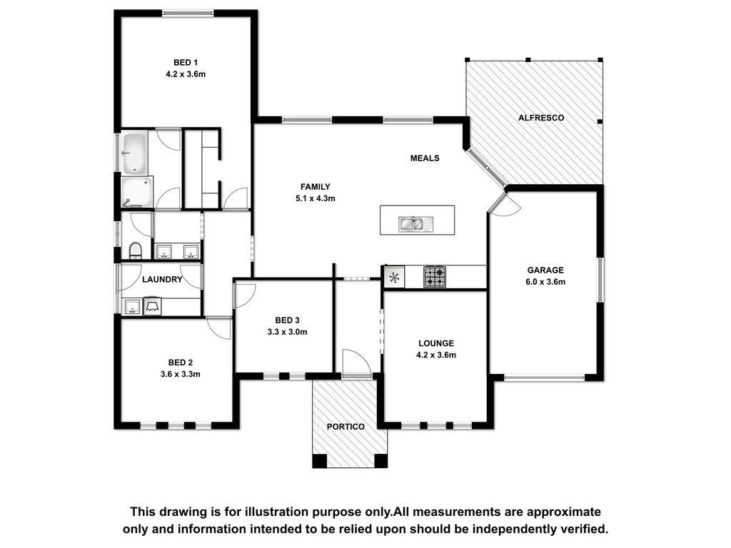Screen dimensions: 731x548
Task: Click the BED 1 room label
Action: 186,63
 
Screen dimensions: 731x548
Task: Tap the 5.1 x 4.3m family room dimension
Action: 315,198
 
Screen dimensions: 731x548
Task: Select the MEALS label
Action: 425,158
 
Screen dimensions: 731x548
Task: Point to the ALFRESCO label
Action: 541,118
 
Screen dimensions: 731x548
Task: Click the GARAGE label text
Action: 545,270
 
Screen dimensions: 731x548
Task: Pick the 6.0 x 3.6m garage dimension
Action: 545,282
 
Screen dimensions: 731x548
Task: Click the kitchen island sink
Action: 416,224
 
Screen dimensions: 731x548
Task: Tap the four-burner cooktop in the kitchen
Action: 435,277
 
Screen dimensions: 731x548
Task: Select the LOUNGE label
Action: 436,343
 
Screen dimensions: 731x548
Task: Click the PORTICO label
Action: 346,427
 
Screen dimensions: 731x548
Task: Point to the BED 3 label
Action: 287,320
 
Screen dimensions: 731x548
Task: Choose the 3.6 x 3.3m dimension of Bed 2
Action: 181,374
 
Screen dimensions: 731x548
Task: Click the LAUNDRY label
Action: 162,280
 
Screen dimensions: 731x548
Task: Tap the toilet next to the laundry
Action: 135,250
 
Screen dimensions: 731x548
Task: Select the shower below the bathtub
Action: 136,192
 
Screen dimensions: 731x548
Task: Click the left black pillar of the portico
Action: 320,460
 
